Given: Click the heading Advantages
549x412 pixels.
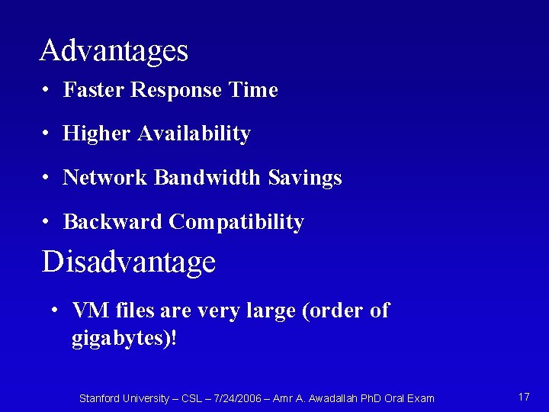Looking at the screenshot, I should (114, 51).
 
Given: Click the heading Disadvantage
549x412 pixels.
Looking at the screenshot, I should (129, 262).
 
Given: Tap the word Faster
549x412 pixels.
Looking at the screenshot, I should (94, 90).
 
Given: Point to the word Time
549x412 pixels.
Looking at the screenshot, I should (254, 90).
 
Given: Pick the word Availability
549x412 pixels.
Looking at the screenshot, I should (194, 134).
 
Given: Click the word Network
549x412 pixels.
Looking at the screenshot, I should (105, 178).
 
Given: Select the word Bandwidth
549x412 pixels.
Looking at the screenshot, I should (207, 178).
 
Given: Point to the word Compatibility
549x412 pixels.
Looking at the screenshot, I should (236, 222).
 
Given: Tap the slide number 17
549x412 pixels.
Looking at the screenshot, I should (524, 397).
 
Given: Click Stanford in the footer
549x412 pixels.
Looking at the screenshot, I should (101, 398).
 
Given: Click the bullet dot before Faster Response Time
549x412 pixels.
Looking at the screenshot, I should (47, 91).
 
